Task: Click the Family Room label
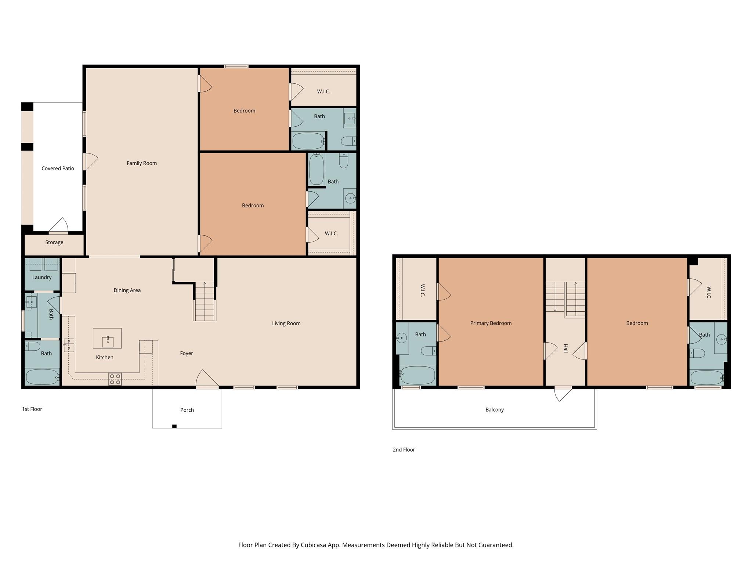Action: pos(141,163)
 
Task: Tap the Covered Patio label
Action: pos(58,169)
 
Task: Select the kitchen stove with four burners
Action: pos(115,379)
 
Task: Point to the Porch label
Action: pos(187,410)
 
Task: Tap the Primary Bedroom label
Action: pos(491,323)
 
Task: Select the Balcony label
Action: pos(494,409)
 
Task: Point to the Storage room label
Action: pos(54,242)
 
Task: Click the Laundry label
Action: pos(42,277)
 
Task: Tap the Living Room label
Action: pos(286,323)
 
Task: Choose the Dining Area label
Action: pos(127,290)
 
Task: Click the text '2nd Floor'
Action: pos(404,449)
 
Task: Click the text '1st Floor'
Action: pos(32,409)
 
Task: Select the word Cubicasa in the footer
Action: pos(314,545)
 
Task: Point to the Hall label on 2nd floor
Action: pos(565,348)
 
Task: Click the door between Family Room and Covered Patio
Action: pos(90,162)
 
